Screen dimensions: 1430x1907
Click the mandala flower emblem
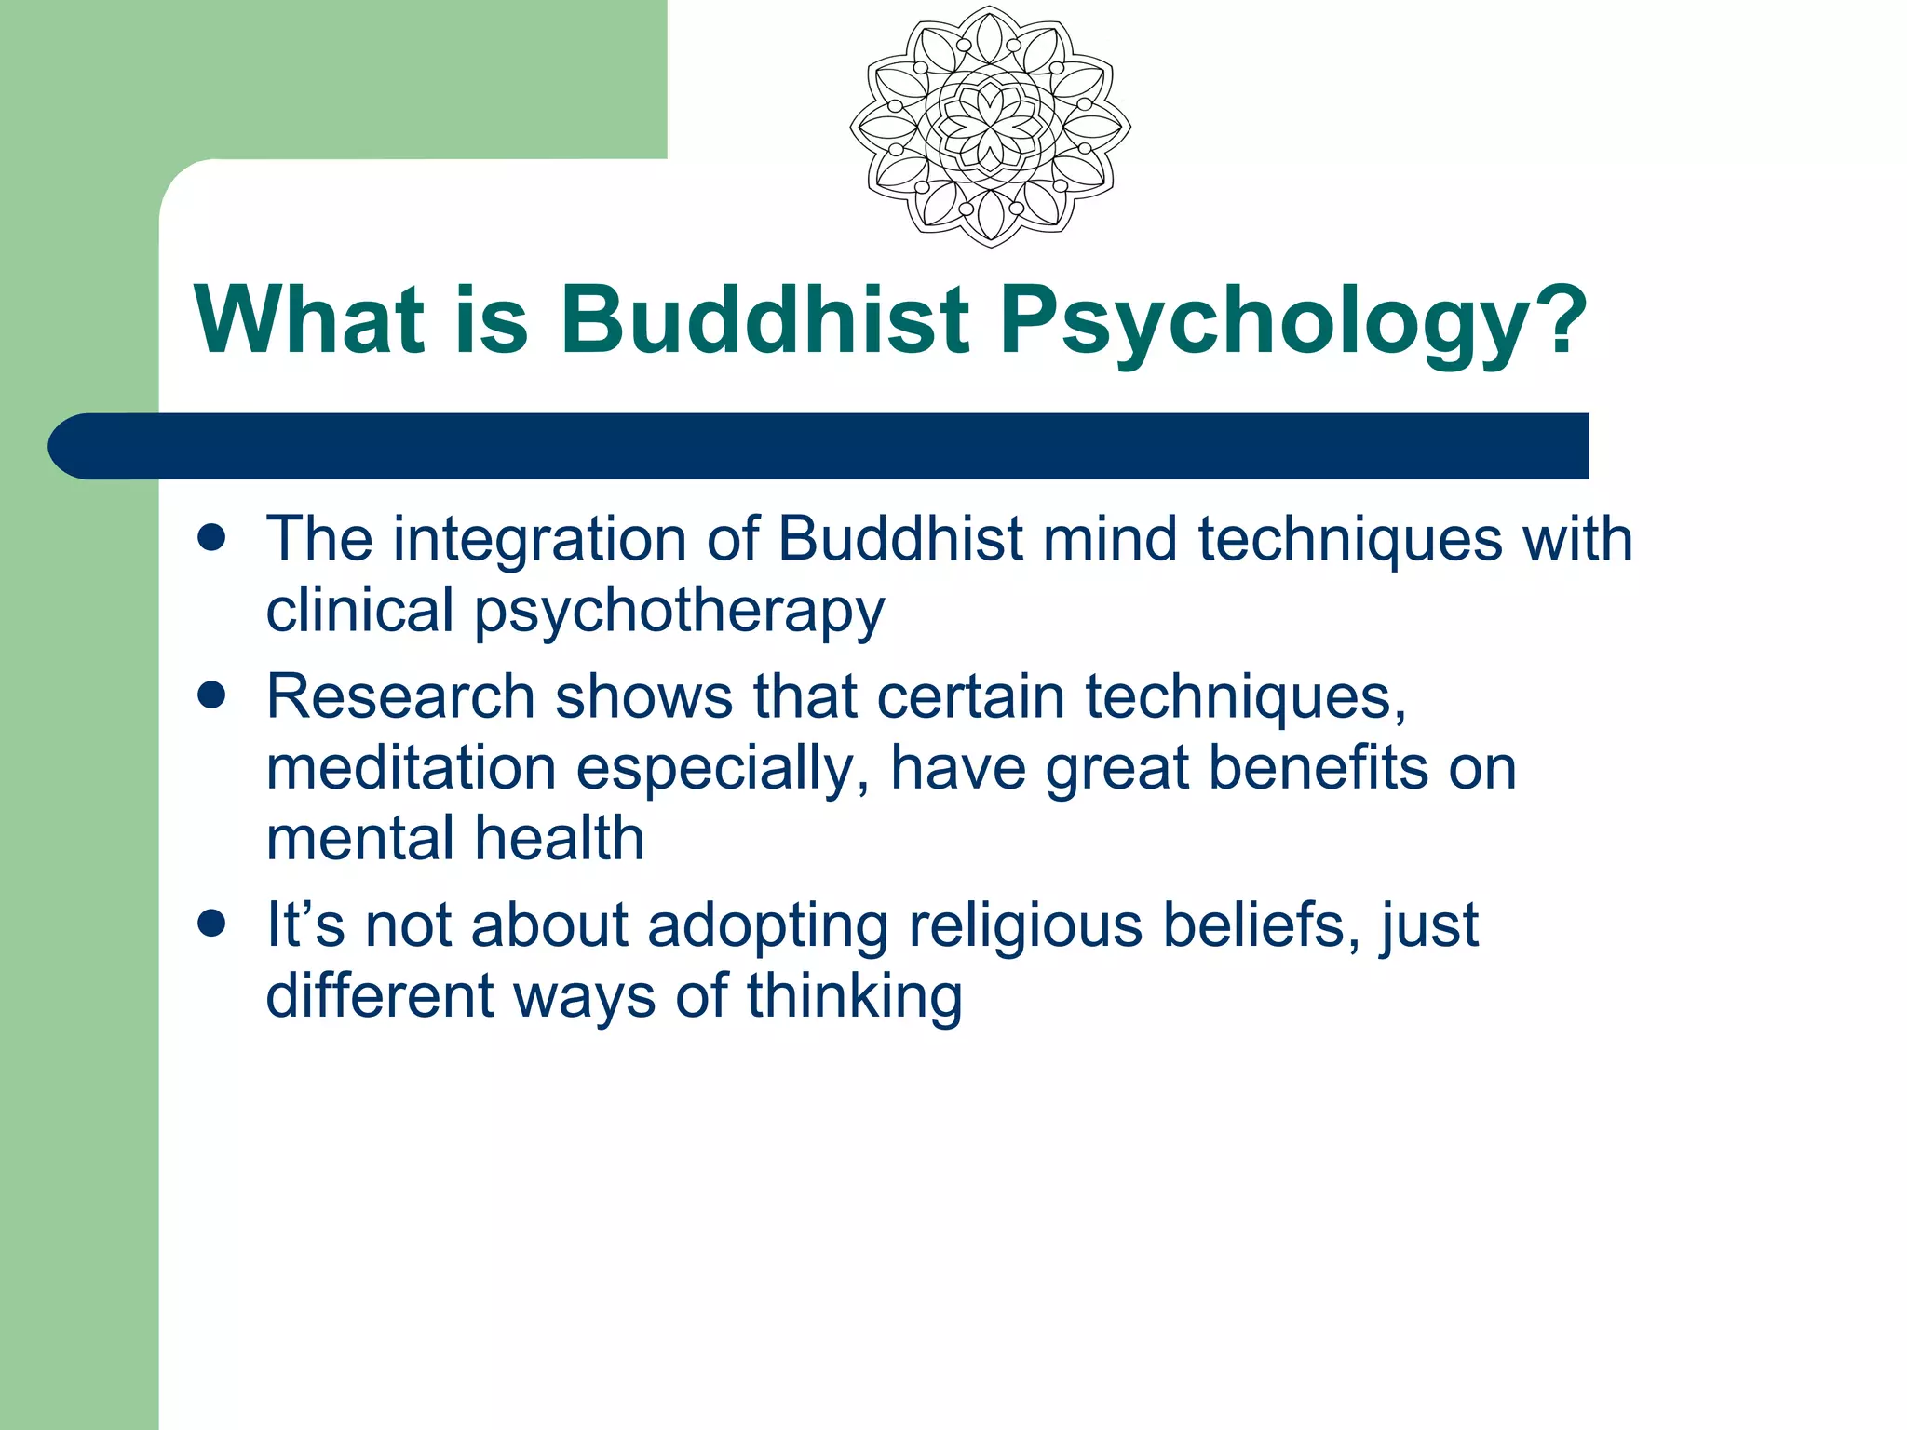[x=990, y=127]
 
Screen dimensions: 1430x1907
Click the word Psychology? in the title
[x=1292, y=321]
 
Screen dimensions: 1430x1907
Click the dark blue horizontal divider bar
[x=819, y=446]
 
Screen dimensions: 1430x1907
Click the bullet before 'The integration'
[x=212, y=538]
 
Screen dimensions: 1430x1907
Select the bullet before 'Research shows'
[x=212, y=695]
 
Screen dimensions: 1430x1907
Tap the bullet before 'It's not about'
[x=212, y=924]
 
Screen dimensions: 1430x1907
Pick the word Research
[x=400, y=696]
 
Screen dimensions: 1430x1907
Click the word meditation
[x=411, y=768]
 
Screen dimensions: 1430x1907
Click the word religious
[x=1024, y=926]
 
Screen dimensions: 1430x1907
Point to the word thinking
[x=854, y=996]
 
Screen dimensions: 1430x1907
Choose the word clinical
[x=359, y=610]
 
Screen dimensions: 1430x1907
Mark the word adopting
[x=767, y=926]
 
